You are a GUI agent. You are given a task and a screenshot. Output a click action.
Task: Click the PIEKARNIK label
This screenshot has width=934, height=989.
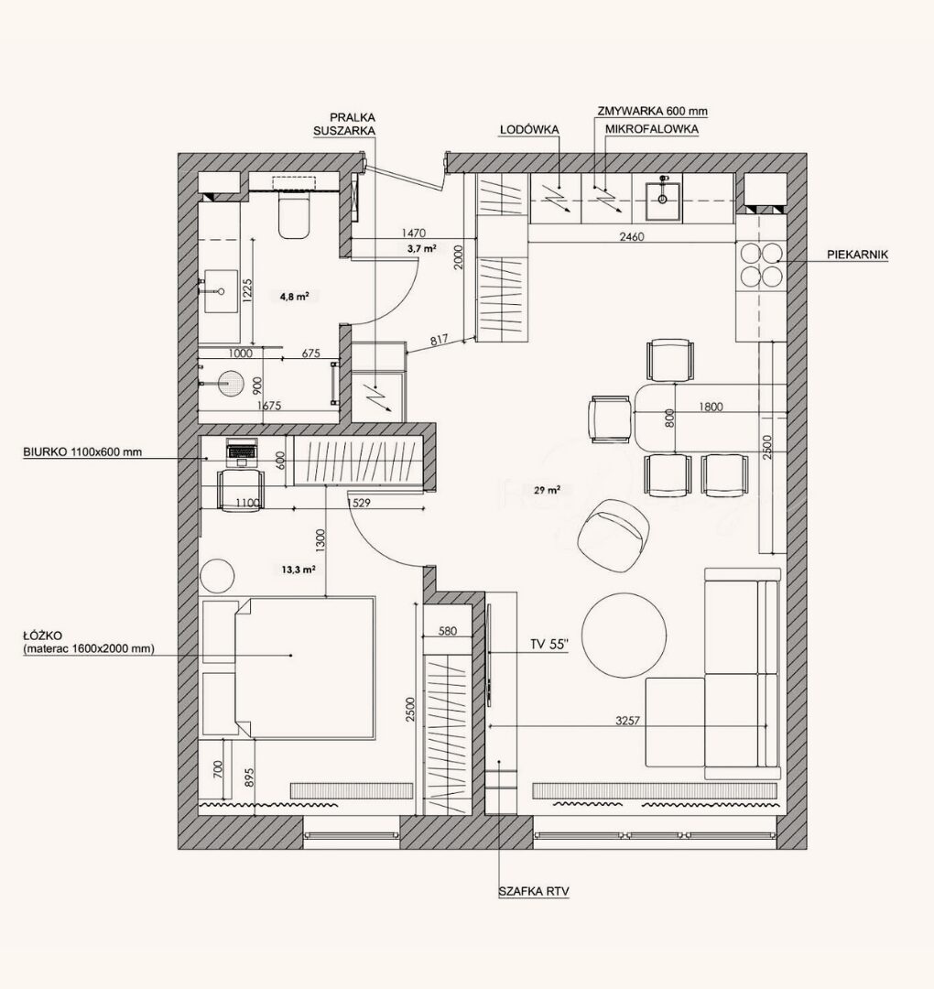click(x=857, y=255)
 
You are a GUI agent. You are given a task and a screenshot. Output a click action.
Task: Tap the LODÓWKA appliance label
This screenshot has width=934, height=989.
click(x=529, y=129)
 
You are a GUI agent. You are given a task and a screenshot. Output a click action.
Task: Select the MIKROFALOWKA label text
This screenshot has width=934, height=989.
click(x=651, y=129)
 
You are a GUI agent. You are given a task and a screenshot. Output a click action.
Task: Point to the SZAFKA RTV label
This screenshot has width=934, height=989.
click(x=534, y=891)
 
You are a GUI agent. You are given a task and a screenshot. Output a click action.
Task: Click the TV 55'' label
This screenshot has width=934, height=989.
click(x=549, y=644)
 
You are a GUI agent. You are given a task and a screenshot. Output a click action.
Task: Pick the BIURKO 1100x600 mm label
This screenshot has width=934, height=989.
click(x=82, y=451)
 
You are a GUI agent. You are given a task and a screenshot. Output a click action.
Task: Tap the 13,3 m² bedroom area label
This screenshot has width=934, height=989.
click(x=299, y=570)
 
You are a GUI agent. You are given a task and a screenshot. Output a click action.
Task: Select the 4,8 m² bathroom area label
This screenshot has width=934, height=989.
click(x=295, y=296)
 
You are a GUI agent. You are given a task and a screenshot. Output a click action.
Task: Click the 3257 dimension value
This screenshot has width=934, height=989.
click(x=627, y=721)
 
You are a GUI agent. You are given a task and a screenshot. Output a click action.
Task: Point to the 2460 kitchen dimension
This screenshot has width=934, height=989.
click(x=631, y=237)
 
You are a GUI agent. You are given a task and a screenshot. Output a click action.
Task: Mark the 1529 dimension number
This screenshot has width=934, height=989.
click(x=359, y=503)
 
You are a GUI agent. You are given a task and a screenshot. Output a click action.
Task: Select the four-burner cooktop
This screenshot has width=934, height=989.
click(x=761, y=265)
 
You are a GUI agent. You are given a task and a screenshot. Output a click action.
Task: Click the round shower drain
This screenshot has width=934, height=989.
click(x=230, y=384)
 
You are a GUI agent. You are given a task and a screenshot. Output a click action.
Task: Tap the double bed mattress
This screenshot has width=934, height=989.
click(x=305, y=668)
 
